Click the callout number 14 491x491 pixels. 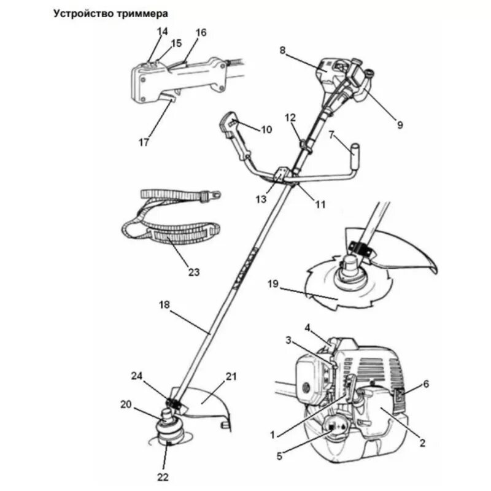162,31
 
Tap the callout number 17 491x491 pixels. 144,142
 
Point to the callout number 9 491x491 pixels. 400,125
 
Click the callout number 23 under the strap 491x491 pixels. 195,271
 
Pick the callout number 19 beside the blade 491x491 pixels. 273,284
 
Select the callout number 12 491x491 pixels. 290,116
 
